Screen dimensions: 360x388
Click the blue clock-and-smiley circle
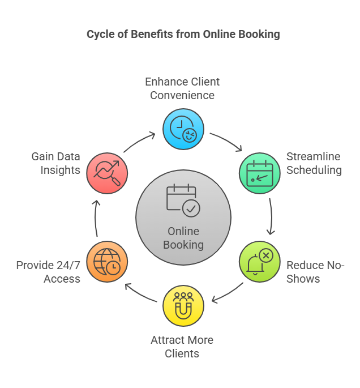point(183,129)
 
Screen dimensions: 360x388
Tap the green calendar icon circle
point(260,173)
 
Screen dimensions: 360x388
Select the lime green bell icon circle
point(260,262)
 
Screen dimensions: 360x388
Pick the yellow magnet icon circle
point(183,306)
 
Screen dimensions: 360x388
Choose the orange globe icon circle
point(107,262)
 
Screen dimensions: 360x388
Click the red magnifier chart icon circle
point(107,173)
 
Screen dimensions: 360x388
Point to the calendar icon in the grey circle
point(183,201)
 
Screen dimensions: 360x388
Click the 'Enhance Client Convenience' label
point(182,88)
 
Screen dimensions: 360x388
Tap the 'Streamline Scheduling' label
point(314,163)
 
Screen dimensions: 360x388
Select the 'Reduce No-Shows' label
point(315,272)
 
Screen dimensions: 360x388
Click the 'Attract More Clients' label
point(182,347)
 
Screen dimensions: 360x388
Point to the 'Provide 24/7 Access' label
point(48,272)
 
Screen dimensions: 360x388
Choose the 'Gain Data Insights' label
point(56,163)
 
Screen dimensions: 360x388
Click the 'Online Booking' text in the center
point(183,238)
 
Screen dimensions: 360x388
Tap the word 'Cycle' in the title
point(101,35)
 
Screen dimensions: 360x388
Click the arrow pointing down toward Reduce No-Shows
point(272,216)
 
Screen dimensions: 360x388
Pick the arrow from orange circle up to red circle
point(96,218)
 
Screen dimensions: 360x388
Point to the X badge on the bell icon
point(266,255)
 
